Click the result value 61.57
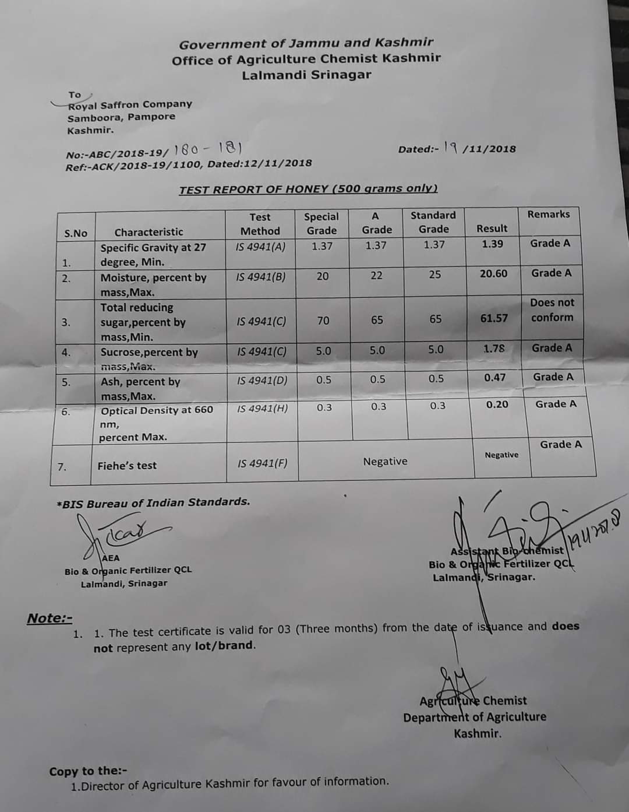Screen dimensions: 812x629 [x=493, y=318]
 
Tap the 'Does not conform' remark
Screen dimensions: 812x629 [x=552, y=310]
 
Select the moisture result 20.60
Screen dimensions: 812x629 [x=493, y=273]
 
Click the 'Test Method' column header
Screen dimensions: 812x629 [x=260, y=224]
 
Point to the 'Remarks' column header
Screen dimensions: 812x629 [x=548, y=214]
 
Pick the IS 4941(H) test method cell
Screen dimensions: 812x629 [x=262, y=409]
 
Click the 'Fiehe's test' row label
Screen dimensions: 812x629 [x=127, y=465]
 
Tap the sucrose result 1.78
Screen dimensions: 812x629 [x=494, y=349]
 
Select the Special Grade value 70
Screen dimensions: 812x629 [x=323, y=321]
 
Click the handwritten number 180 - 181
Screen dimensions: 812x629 [x=208, y=149]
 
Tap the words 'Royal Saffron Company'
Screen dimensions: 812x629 [x=130, y=104]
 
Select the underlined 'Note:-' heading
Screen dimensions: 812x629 [x=50, y=618]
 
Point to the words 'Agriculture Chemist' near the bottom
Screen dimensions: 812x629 [x=473, y=701]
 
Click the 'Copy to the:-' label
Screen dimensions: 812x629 [x=88, y=771]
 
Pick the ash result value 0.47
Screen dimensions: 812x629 [x=494, y=378]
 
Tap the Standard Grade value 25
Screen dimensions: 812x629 [x=435, y=275]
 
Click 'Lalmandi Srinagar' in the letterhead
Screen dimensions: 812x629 [x=306, y=75]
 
